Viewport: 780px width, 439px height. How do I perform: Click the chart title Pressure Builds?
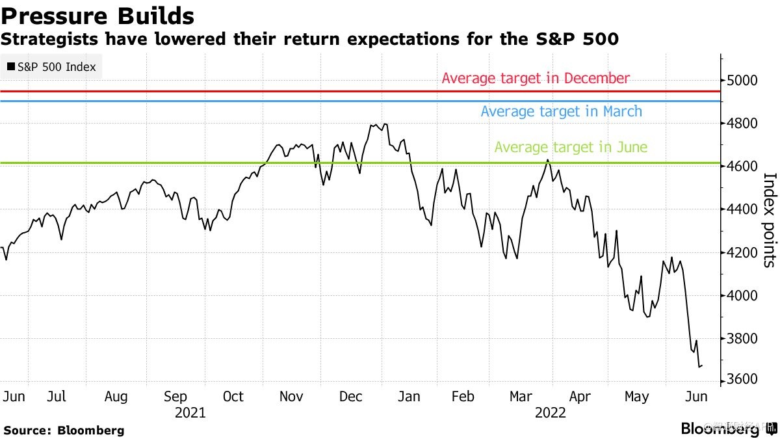click(x=97, y=15)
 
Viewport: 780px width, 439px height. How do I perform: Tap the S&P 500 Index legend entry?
click(x=51, y=67)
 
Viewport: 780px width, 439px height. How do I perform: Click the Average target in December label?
click(x=536, y=79)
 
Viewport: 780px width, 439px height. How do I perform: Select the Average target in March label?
click(x=561, y=112)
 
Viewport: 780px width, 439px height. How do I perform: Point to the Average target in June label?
click(x=571, y=148)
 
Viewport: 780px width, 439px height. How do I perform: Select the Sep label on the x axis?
click(x=175, y=397)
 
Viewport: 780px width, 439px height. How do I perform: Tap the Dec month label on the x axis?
click(x=351, y=397)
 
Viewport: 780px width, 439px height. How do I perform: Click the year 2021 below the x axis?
click(x=190, y=413)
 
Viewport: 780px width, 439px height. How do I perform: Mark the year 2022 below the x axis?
click(x=550, y=413)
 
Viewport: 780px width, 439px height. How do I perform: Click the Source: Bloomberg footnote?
click(x=64, y=431)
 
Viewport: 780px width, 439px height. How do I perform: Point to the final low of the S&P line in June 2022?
click(x=699, y=367)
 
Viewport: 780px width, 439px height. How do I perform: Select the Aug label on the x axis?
click(x=116, y=397)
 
